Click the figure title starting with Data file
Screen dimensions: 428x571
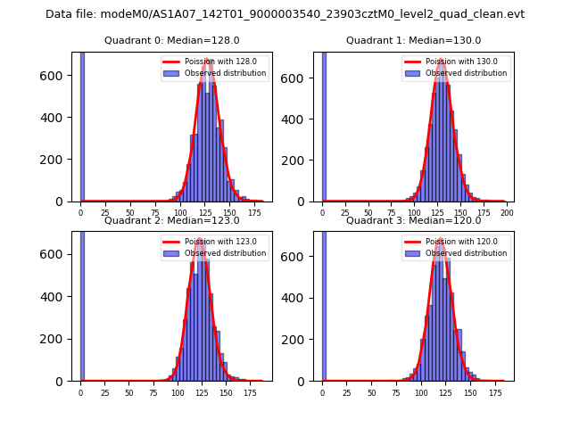coord(285,14)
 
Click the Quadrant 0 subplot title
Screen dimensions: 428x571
coord(171,40)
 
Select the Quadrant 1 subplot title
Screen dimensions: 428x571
coord(413,40)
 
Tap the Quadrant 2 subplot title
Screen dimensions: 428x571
coord(171,220)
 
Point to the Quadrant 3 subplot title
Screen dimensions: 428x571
coord(413,220)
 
